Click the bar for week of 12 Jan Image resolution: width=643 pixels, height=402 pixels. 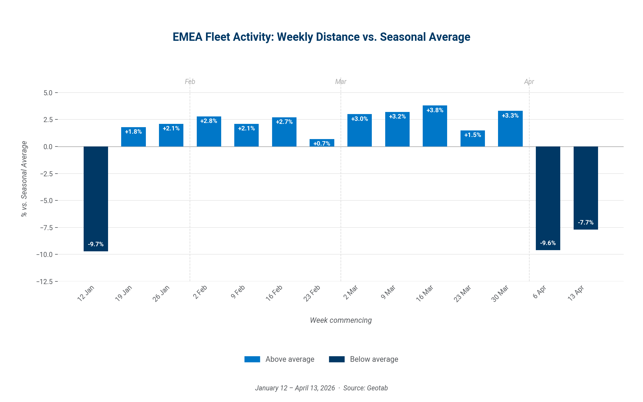click(x=96, y=199)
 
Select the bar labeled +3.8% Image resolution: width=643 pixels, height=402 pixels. click(x=435, y=126)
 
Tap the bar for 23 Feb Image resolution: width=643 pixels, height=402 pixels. click(x=322, y=143)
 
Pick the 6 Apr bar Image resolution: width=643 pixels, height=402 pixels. click(x=548, y=198)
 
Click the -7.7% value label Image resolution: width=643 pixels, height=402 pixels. click(x=586, y=222)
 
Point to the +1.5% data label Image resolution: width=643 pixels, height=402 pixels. click(x=472, y=135)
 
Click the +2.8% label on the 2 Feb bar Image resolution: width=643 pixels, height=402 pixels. click(x=209, y=121)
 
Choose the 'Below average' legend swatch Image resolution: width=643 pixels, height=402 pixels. click(x=337, y=359)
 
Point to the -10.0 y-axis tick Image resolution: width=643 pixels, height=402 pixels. click(x=45, y=255)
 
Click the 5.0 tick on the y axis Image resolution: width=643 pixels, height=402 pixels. click(x=48, y=93)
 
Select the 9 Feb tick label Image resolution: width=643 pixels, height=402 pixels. click(x=238, y=292)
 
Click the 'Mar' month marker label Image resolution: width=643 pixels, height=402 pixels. click(x=341, y=82)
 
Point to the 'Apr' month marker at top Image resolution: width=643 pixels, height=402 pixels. click(x=529, y=82)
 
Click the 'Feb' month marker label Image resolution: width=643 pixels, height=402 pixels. click(x=190, y=82)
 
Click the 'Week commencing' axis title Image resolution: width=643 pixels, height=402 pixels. click(x=341, y=320)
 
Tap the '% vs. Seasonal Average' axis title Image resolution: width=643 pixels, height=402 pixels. click(x=24, y=179)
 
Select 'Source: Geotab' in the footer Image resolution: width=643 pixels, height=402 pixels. click(x=365, y=388)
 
